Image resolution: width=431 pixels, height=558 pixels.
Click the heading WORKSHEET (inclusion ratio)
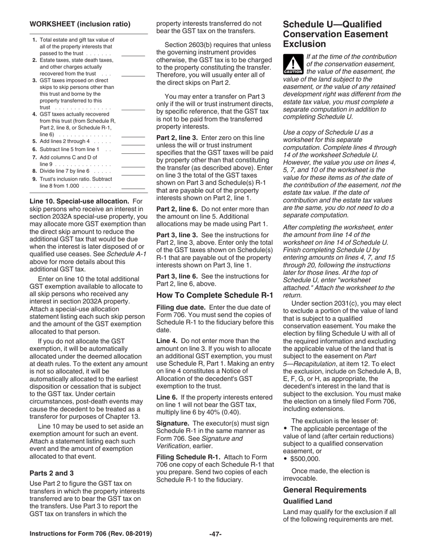80,24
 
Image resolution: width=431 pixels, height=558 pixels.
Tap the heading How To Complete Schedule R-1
215,295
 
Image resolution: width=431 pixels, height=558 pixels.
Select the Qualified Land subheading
308,501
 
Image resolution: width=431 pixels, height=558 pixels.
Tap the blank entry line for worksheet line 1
133,55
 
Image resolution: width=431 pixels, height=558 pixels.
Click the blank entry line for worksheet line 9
133,188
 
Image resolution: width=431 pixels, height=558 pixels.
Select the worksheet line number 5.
35,142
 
